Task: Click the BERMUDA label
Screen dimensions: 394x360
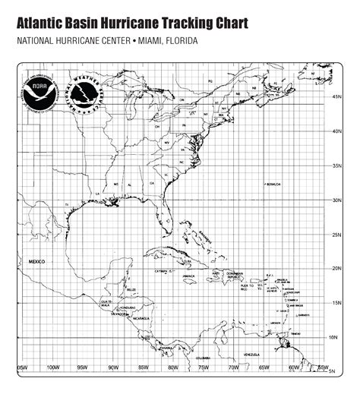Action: pyautogui.click(x=273, y=184)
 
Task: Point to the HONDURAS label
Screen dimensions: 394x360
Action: pyautogui.click(x=128, y=307)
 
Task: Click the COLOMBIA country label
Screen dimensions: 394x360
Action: pyautogui.click(x=202, y=358)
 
